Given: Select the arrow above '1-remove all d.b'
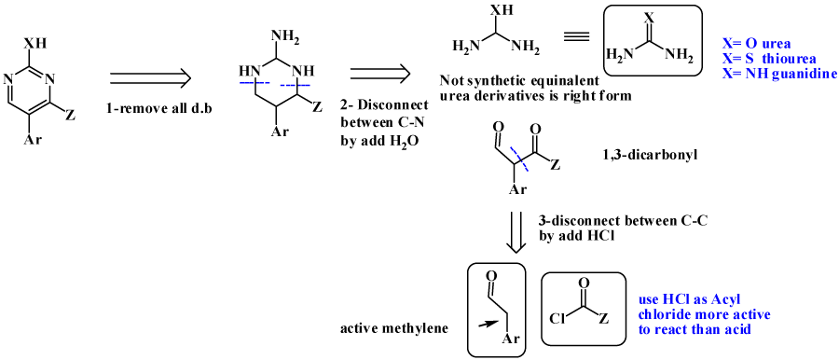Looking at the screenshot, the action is pos(150,78).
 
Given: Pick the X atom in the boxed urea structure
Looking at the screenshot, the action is pos(650,18).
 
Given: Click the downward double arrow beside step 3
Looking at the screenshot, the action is pos(514,233).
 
